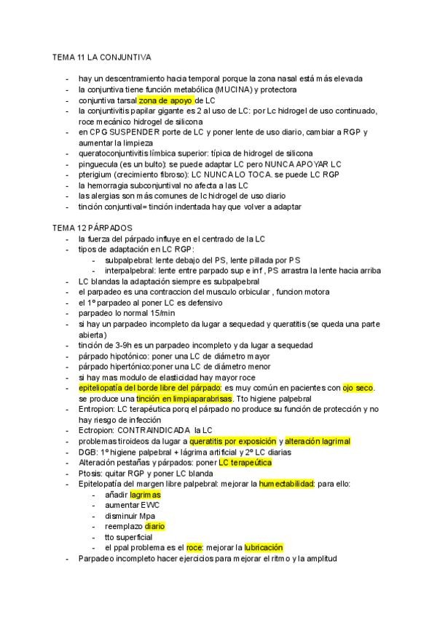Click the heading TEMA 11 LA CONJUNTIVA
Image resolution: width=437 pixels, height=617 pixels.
[101, 56]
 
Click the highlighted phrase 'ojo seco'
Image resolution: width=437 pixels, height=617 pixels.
[358, 389]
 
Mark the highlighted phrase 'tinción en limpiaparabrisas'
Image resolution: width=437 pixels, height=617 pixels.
[184, 399]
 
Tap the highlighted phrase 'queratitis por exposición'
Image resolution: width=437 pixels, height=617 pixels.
[232, 442]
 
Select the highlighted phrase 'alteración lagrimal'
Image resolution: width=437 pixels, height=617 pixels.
[317, 442]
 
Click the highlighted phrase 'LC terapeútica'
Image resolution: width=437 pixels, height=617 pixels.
[245, 463]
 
